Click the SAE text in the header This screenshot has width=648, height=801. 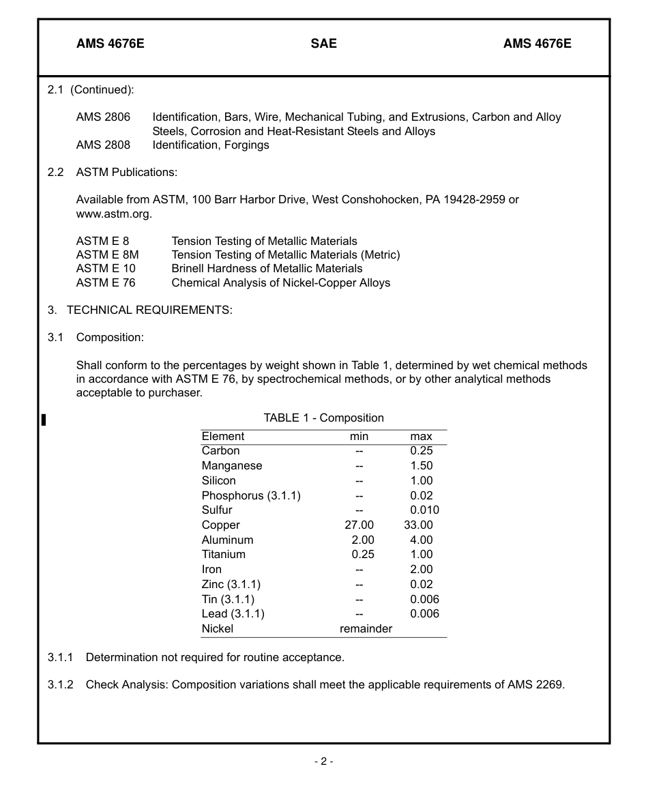click(x=323, y=44)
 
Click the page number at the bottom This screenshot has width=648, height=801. click(x=323, y=761)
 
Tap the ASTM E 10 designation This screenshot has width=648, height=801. click(x=106, y=269)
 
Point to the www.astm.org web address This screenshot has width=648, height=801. click(x=113, y=214)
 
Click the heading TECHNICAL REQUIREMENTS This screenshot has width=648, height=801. click(x=149, y=310)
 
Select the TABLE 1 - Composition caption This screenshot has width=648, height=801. click(x=323, y=418)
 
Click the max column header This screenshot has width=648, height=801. click(x=421, y=437)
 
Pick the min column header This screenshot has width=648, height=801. click(x=359, y=437)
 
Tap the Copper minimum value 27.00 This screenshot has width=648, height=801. click(x=359, y=525)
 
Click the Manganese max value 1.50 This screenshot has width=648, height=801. click(x=421, y=466)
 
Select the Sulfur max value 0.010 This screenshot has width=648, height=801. click(x=424, y=510)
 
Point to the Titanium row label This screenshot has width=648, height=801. click(x=223, y=555)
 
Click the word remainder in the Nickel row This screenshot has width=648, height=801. click(x=366, y=629)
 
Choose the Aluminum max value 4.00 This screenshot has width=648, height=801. click(x=421, y=540)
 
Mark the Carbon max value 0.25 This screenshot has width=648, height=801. click(x=421, y=451)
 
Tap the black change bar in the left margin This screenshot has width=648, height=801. click(x=44, y=420)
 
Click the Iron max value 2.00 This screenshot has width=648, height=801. click(x=421, y=570)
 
